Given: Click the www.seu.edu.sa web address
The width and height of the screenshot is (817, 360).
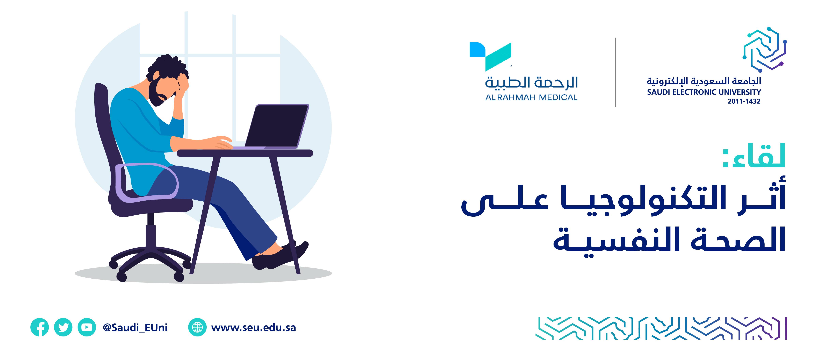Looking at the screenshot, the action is (x=253, y=327).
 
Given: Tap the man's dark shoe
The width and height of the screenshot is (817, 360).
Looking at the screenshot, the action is (x=279, y=255).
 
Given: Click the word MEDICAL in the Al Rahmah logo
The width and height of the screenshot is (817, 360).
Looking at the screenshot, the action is (x=558, y=97).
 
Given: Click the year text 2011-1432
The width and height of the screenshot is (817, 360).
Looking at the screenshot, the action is (x=744, y=101).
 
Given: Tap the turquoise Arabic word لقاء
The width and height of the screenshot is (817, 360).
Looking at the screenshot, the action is (x=754, y=155).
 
